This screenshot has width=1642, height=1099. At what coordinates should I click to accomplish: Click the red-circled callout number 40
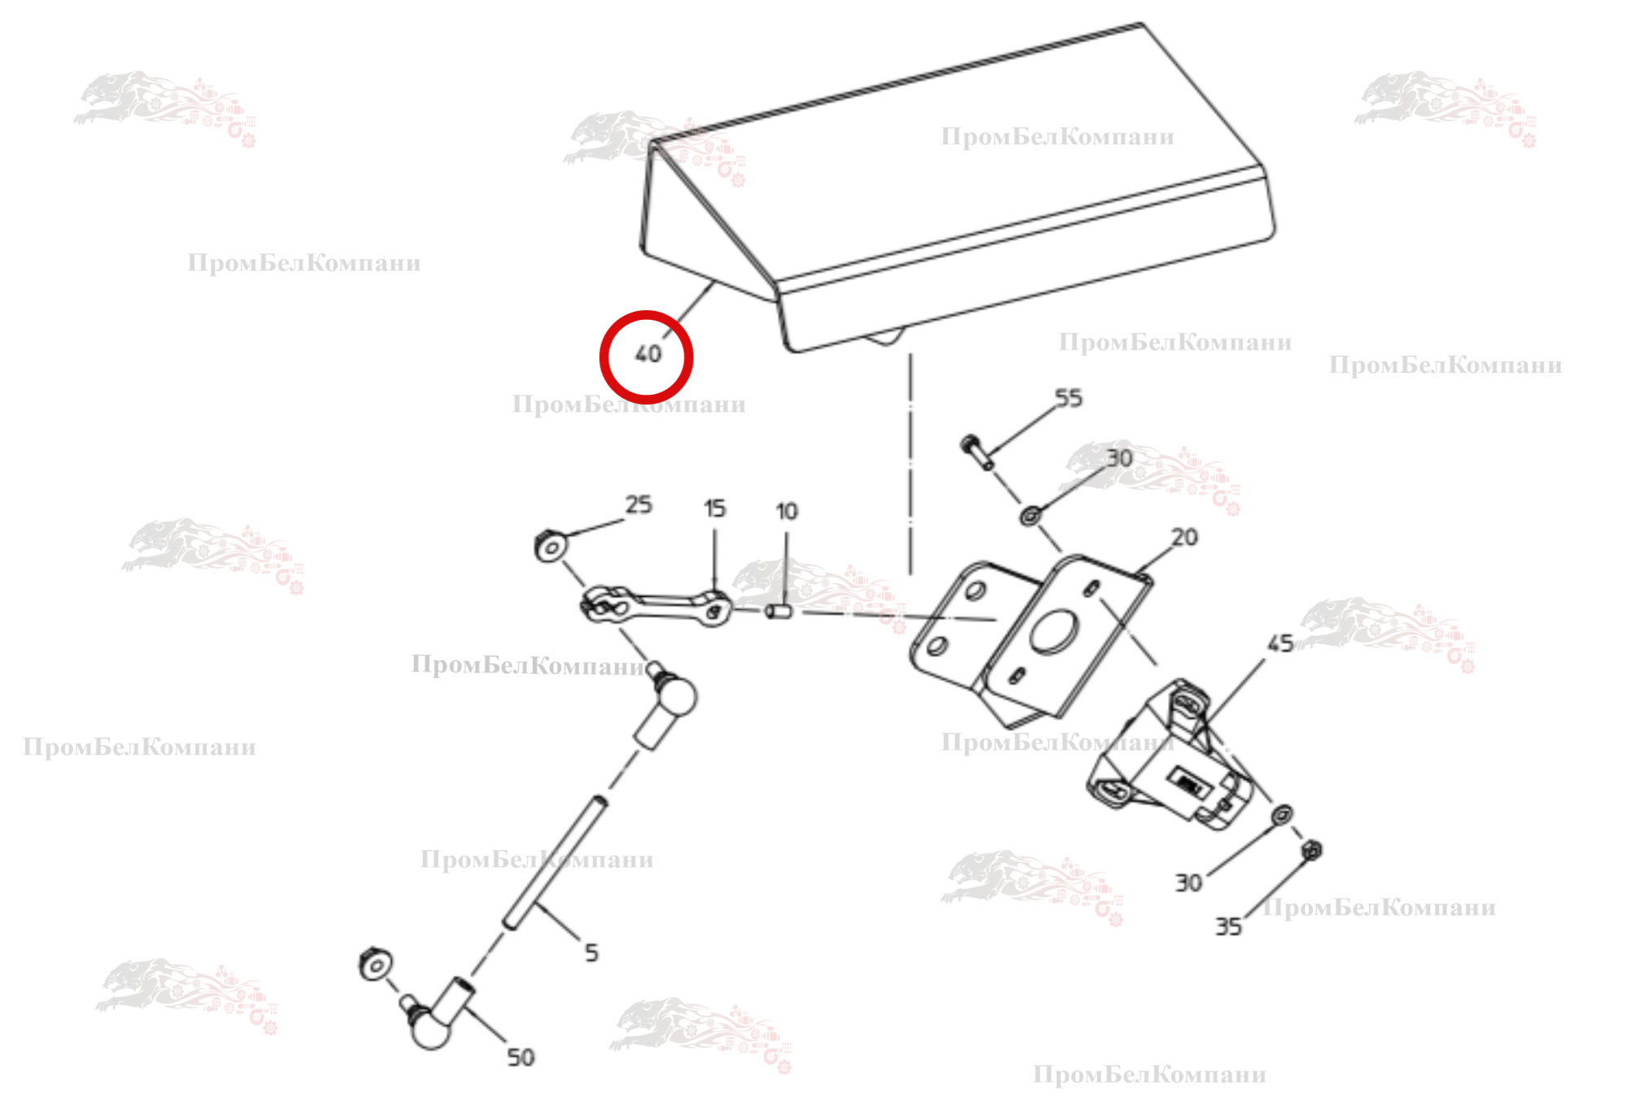tap(648, 354)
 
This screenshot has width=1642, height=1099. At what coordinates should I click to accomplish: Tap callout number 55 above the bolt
tap(1069, 398)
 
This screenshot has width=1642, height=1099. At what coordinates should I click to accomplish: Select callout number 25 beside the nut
tap(639, 505)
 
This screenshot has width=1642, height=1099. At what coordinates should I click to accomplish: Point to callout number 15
tap(714, 509)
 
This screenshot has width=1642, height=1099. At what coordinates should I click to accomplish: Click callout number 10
tap(786, 511)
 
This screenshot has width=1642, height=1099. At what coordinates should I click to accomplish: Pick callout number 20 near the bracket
tap(1184, 537)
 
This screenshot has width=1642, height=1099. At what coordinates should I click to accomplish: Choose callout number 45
tap(1280, 644)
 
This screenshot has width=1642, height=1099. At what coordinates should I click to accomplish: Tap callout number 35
tap(1228, 926)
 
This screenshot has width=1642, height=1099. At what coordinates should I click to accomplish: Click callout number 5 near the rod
tap(591, 952)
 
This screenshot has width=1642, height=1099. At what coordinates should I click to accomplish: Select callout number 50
tap(520, 1057)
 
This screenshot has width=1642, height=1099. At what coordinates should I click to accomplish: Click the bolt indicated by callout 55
tap(977, 452)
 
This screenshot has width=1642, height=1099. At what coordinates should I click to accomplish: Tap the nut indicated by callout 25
tap(550, 545)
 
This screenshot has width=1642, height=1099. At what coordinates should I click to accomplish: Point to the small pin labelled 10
tap(778, 611)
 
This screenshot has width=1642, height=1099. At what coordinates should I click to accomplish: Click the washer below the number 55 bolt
tap(1030, 515)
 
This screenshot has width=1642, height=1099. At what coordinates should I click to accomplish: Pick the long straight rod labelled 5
tap(555, 863)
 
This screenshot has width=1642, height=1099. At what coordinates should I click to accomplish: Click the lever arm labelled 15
tap(656, 606)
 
